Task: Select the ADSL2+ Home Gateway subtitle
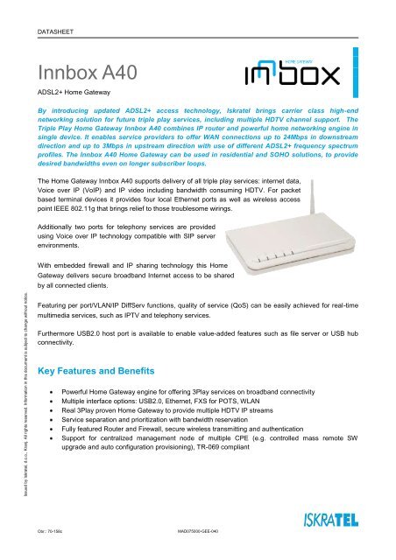(77, 90)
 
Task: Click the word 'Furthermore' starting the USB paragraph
(60, 332)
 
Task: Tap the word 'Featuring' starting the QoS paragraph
(55, 300)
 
